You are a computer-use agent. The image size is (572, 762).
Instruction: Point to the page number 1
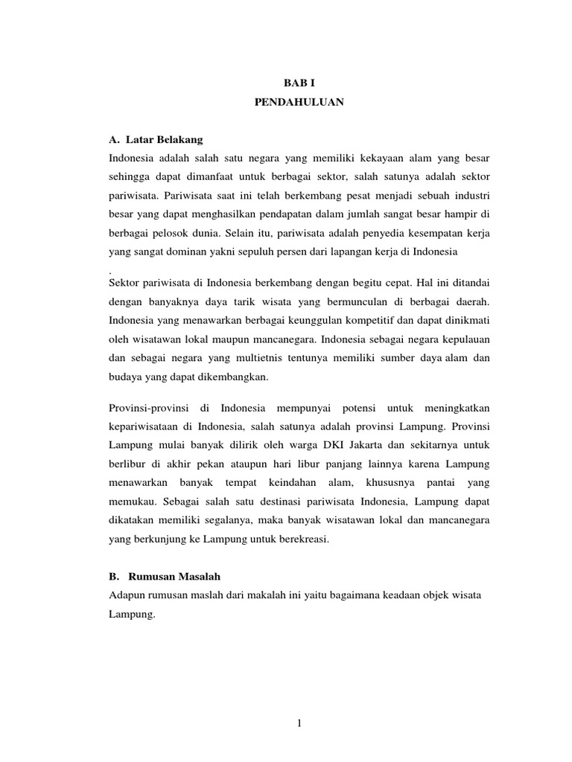[297, 722]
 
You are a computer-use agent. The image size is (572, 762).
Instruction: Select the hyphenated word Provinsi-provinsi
[149, 409]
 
